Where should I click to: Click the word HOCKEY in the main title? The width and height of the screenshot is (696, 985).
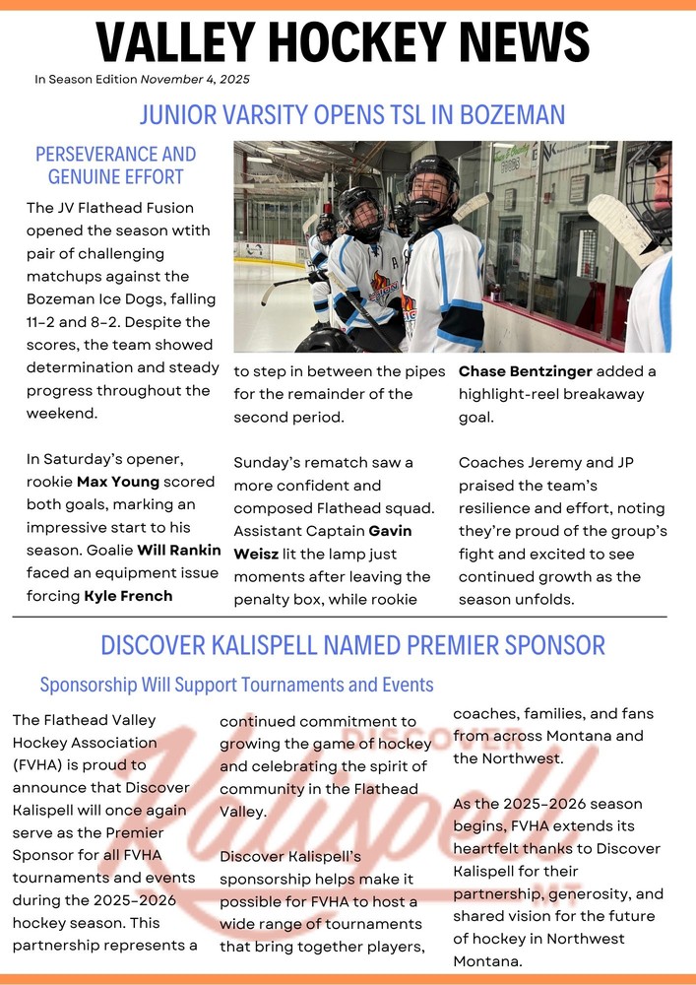point(346,42)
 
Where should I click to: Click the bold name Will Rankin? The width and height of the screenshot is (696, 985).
point(179,550)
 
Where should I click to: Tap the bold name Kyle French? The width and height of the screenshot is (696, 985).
point(128,595)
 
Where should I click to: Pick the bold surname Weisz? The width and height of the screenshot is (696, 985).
point(255,554)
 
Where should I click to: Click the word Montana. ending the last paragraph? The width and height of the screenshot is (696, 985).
point(484,961)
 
